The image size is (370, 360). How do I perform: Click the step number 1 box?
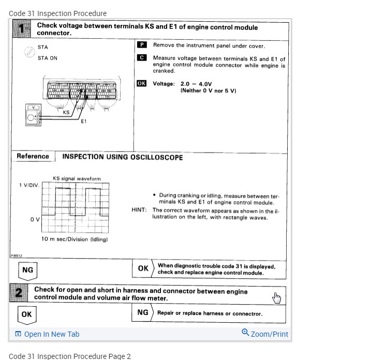point(20,29)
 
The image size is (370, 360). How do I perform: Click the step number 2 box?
point(19,294)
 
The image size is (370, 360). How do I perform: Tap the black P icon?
point(141,45)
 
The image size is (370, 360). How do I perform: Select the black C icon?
point(141,58)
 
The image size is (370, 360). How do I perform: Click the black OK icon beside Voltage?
point(142,83)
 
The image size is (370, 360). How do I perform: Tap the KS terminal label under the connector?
point(66,112)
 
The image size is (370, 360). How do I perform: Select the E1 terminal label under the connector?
point(84,122)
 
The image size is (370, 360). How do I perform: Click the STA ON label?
point(48,58)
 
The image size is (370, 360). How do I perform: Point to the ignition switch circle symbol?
point(29,53)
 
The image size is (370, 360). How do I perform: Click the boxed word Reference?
point(33,156)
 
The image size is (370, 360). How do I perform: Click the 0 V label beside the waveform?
point(35,219)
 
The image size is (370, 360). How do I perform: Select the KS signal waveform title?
point(77,178)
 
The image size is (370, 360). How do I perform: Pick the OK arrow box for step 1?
point(143,268)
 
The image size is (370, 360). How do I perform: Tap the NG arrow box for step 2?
point(143,312)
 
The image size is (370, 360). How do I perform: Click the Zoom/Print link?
point(265,334)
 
